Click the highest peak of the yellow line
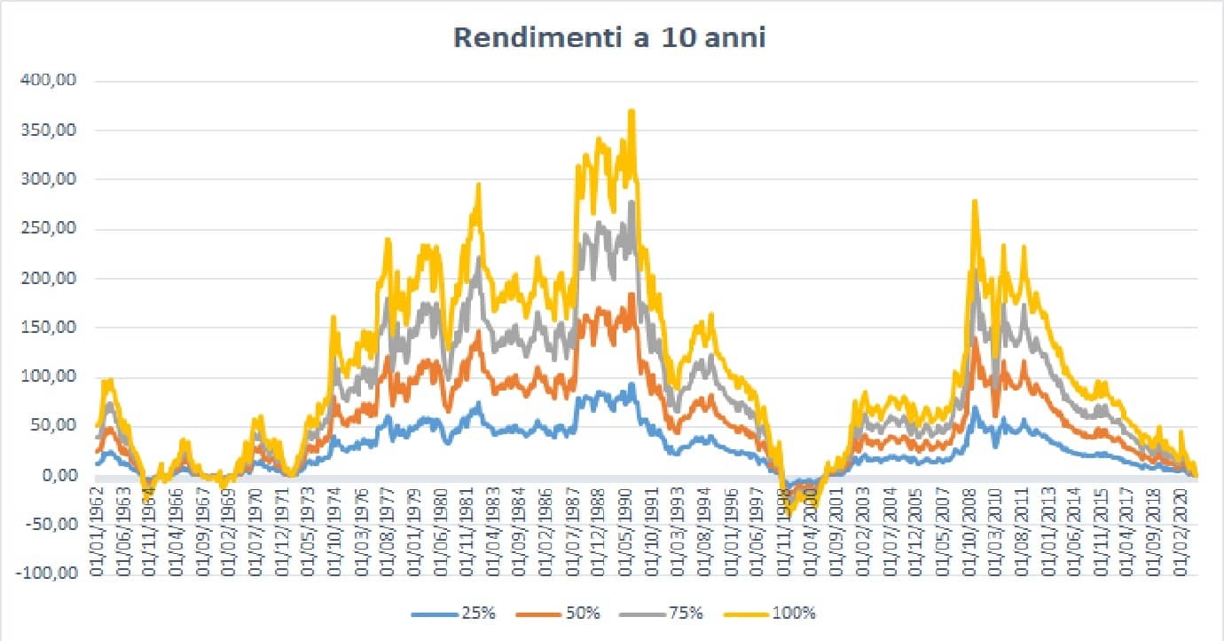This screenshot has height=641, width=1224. click(x=632, y=111)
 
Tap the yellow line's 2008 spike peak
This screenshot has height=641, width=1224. click(x=975, y=202)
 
